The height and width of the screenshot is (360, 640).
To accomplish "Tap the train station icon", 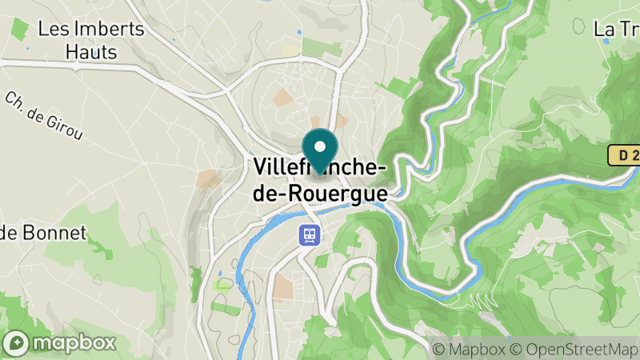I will pos(310,234).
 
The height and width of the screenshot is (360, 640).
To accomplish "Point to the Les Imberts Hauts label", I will pos(90,41).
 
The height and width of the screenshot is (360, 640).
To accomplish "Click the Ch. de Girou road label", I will pos(44,117).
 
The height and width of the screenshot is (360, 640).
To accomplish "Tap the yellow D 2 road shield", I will pos(623,155).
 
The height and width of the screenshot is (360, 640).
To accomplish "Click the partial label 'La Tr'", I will pos(616,30).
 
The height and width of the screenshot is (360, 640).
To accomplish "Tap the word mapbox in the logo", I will pos(74,343).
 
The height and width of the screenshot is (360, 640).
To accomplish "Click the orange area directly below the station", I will pos(283,286).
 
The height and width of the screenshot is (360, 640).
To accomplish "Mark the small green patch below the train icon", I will pos(322,261).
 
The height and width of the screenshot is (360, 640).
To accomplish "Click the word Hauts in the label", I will pos(90,53).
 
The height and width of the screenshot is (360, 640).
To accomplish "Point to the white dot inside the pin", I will pos(320,146).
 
